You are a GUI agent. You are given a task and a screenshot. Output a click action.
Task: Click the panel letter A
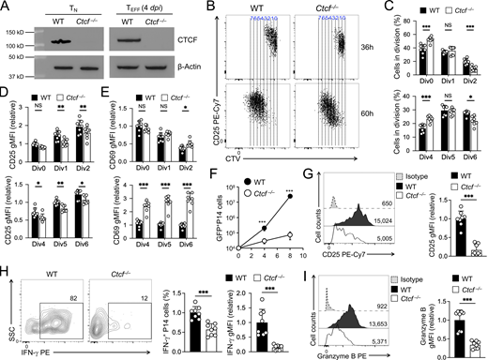point(7,7)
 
